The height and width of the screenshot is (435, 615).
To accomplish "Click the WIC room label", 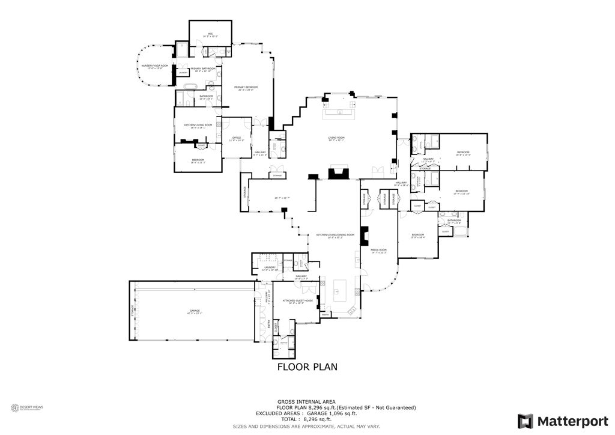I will (x=211, y=34).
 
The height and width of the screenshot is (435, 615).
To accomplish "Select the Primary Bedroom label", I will (x=244, y=88).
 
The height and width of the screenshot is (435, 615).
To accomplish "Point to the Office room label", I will (x=236, y=139).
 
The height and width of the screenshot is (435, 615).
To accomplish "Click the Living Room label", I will (x=336, y=139).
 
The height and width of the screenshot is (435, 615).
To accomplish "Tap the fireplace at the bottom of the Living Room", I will (x=338, y=173).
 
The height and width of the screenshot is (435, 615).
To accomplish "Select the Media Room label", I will (x=378, y=251).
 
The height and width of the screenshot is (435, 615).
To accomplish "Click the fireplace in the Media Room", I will (x=363, y=237).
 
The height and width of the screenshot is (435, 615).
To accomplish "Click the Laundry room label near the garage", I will (x=269, y=268).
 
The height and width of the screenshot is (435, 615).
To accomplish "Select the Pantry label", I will (x=326, y=314).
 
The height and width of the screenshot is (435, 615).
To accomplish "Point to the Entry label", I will (x=267, y=324).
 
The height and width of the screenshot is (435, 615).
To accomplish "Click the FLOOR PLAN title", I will (x=307, y=367).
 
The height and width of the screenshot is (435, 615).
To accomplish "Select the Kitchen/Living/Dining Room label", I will (x=336, y=236).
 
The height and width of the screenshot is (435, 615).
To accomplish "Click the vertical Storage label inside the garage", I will (x=133, y=311).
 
